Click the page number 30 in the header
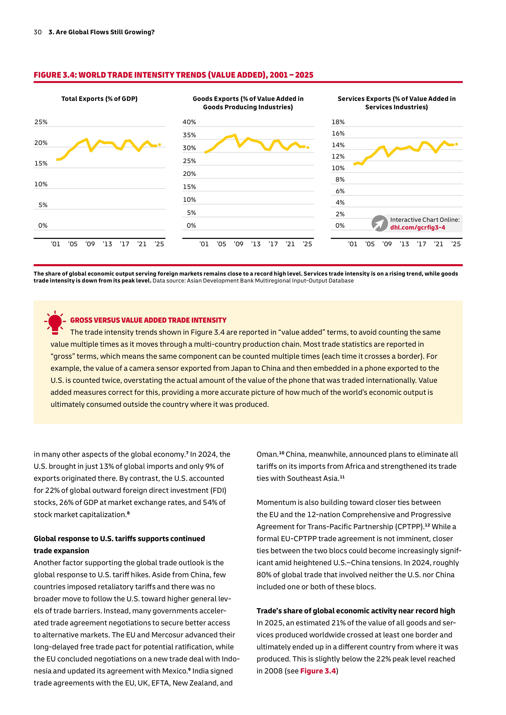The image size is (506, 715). [x=37, y=32]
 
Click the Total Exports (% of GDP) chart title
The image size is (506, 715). [x=99, y=99]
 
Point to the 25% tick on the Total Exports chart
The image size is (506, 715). [x=41, y=122]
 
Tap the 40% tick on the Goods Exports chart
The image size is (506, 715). [x=189, y=122]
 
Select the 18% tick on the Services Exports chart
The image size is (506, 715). [x=338, y=122]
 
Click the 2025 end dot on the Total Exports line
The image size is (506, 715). [x=159, y=145]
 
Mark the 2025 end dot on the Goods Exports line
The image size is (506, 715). [x=308, y=148]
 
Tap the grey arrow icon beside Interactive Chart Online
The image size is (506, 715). [x=380, y=223]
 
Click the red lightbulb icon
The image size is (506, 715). [x=55, y=323]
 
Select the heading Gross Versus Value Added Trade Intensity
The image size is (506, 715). [x=148, y=320]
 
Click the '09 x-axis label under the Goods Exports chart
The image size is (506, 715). [x=238, y=244]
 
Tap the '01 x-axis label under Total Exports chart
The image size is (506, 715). [x=55, y=244]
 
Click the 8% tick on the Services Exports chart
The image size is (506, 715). [x=340, y=180]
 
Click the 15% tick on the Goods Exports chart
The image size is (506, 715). [x=189, y=187]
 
